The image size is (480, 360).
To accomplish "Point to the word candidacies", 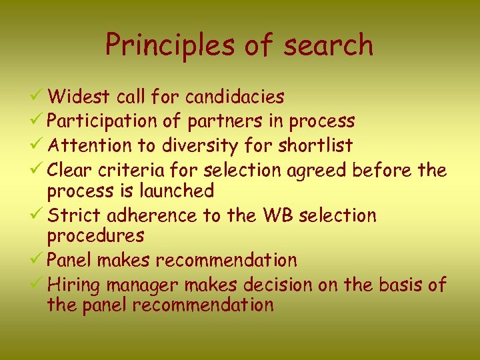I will (x=235, y=97).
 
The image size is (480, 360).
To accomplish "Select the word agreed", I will (x=317, y=171).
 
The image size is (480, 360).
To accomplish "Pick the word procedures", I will (x=95, y=235).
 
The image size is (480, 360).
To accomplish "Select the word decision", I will (x=277, y=285).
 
